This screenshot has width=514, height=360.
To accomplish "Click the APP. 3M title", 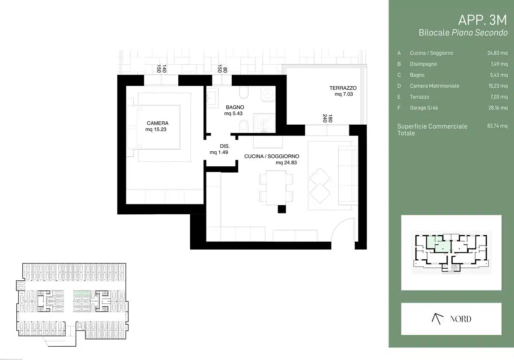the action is pos(482,20).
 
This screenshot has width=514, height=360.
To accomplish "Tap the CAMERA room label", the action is pos(158,123).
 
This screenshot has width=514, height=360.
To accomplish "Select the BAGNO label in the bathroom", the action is pos(235,107).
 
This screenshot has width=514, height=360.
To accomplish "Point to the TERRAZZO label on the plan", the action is pos(343,88).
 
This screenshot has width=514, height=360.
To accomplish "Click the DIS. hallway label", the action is pos(224,146).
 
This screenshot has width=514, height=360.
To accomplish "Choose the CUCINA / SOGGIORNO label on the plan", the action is pos(272,156).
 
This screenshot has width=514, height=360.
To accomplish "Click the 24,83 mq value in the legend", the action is pos(497,53).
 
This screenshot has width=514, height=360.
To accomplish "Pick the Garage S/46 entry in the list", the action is pos(424,108).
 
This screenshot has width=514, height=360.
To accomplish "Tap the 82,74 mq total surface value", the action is pos(497,126).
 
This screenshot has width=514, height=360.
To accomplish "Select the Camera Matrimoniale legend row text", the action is pos(434,86).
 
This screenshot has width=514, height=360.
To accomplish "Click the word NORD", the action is pos(460,319).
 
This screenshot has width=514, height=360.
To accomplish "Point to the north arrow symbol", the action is pos(437,319).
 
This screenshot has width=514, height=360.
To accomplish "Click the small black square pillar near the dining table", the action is pos(282,209).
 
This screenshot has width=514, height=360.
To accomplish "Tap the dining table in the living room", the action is pos(276,188).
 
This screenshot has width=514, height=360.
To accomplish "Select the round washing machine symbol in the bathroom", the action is pos(268,93).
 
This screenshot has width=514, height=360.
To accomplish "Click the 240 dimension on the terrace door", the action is pos(325,118).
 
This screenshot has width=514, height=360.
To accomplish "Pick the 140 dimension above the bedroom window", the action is pos(164,69).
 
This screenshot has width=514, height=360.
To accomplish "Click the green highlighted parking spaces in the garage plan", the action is pos(81,293).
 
